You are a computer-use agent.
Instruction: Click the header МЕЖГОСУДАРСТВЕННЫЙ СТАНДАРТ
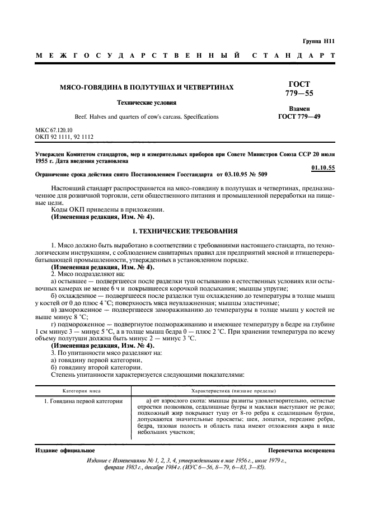coord(185,56)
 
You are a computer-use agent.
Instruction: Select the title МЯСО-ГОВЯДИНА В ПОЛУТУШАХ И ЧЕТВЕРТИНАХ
coord(147,88)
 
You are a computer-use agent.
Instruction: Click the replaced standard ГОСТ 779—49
coord(299,117)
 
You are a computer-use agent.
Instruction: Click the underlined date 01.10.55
coord(323,168)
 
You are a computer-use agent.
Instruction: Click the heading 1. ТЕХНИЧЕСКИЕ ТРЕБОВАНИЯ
coord(185,231)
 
